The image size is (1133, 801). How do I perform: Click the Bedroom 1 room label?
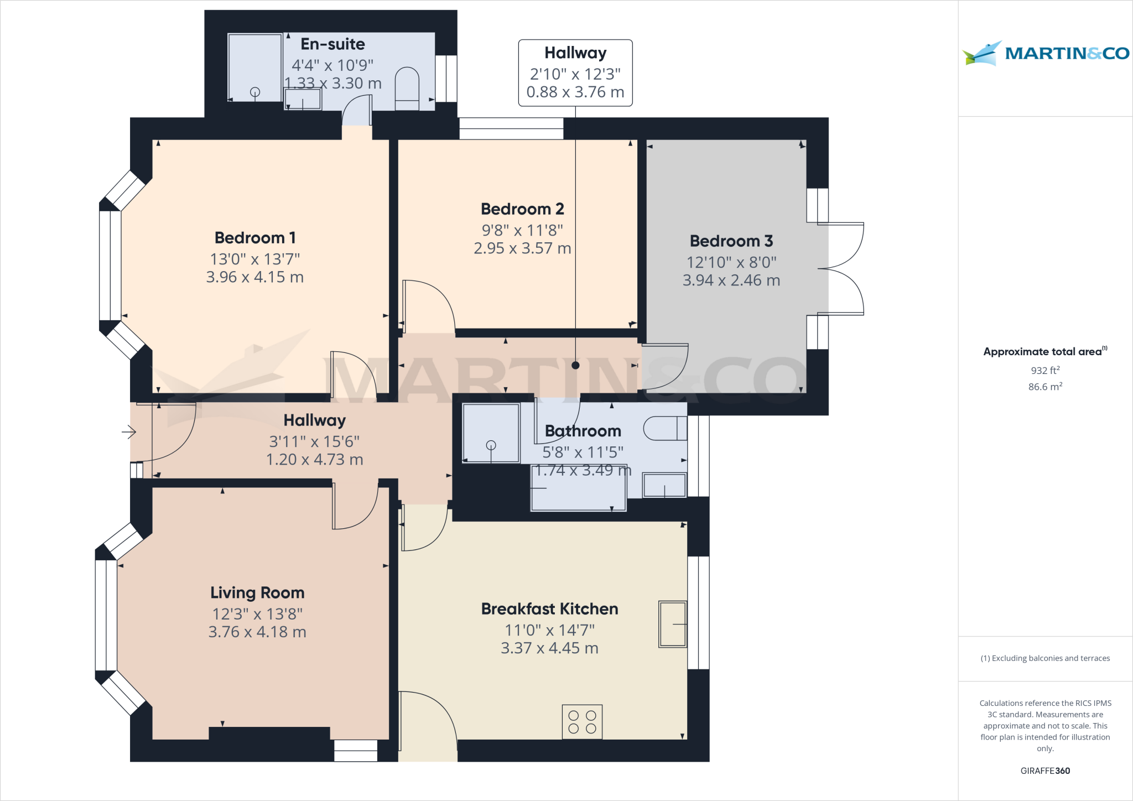[255, 238]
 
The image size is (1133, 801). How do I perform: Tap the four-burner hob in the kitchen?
[582, 722]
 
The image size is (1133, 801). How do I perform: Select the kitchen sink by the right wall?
[673, 624]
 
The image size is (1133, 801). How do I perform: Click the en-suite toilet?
[407, 89]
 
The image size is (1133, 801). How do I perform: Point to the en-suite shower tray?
[255, 68]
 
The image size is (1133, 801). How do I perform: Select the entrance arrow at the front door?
[129, 431]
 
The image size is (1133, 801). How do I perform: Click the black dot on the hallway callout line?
[575, 365]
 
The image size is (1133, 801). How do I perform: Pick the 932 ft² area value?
[1045, 370]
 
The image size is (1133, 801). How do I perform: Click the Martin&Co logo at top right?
[1045, 53]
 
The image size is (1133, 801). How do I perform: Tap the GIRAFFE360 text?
[1045, 771]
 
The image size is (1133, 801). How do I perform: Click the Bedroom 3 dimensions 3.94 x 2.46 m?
[731, 280]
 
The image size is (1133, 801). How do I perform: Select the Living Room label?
[257, 593]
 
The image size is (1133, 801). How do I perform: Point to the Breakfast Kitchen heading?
[549, 609]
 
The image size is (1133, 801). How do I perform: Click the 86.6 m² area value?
[1045, 387]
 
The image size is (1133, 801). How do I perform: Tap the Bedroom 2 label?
[522, 209]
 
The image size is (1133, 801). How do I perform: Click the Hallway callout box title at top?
[575, 53]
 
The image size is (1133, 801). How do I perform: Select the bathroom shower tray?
[491, 433]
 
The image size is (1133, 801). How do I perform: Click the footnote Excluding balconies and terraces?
[1045, 658]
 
